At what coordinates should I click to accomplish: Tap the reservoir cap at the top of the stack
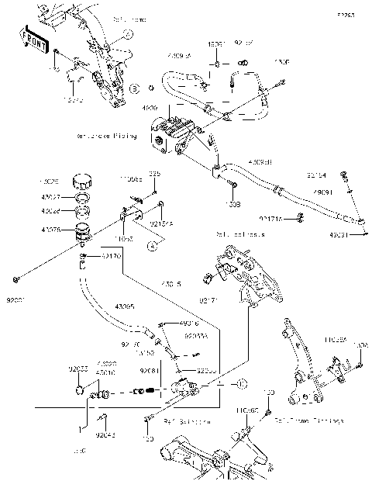[x=81, y=183]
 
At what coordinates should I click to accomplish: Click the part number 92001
[x=16, y=295]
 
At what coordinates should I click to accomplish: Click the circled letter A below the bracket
[x=152, y=244]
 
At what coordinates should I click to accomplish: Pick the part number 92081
[x=150, y=370]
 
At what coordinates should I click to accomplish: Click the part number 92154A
[x=160, y=223]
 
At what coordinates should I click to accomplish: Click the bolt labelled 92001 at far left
[x=16, y=278]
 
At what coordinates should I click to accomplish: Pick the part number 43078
[x=51, y=229]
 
